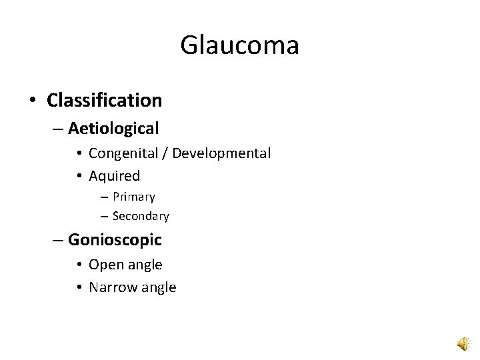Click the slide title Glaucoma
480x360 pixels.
(x=239, y=46)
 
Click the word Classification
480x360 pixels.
(x=105, y=101)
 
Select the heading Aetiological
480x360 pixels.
(x=113, y=127)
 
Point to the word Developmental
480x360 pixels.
(x=221, y=153)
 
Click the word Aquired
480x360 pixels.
(x=114, y=176)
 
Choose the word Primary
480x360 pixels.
(x=134, y=197)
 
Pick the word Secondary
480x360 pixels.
(x=141, y=216)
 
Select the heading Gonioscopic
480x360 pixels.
(x=115, y=239)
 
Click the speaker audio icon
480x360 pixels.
(x=461, y=343)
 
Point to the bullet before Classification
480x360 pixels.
(x=33, y=101)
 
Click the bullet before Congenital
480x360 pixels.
(x=79, y=154)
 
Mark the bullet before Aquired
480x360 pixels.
(x=79, y=177)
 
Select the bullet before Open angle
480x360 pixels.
(x=79, y=265)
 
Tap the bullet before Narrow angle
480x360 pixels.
(x=79, y=288)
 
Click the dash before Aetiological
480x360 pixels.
(x=58, y=128)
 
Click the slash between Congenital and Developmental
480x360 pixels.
(x=164, y=154)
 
